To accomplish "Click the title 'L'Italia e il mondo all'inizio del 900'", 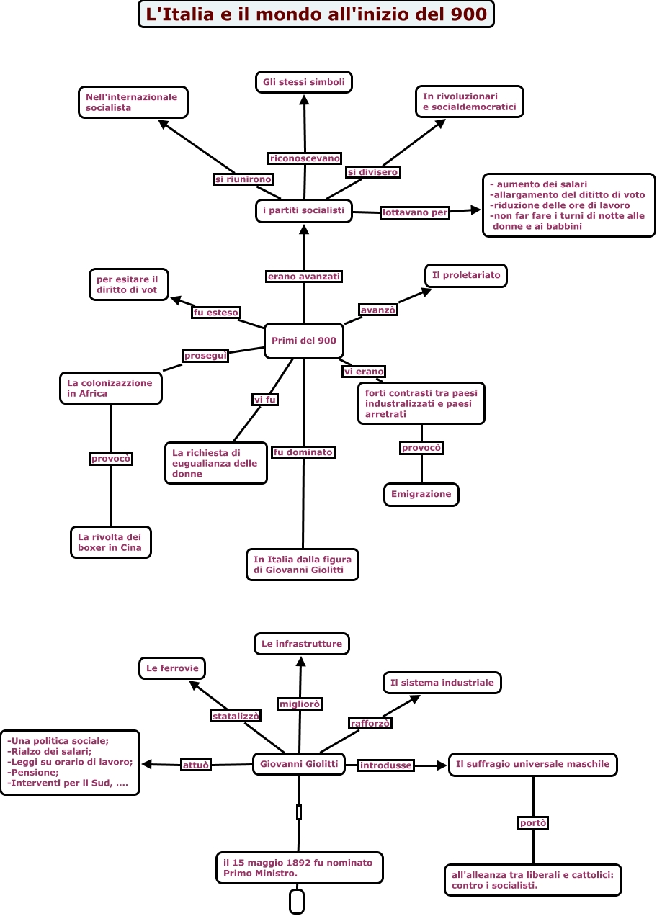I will click(316, 14).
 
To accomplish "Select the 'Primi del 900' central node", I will click(303, 341).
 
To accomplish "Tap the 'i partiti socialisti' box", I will click(303, 211).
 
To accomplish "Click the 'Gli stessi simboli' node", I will click(303, 82).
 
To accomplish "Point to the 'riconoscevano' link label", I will click(305, 158).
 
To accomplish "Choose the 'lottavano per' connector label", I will click(415, 212).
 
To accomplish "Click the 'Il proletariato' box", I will click(466, 276).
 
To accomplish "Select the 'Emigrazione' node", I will click(421, 495).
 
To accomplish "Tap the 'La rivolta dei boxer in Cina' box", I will click(111, 542).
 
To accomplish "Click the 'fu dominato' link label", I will click(303, 452).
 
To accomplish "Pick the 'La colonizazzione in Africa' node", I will click(110, 388).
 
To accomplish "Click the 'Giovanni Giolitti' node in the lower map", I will click(299, 764).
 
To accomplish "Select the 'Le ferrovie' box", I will click(172, 668).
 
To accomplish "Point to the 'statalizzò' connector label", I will click(236, 716).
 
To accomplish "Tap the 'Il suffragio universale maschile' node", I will click(533, 765).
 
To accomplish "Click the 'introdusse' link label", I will click(386, 765).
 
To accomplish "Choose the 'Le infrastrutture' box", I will click(302, 644).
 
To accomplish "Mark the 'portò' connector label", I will click(533, 823).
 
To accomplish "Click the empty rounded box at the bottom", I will click(297, 902).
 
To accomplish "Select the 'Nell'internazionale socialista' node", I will click(133, 102).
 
